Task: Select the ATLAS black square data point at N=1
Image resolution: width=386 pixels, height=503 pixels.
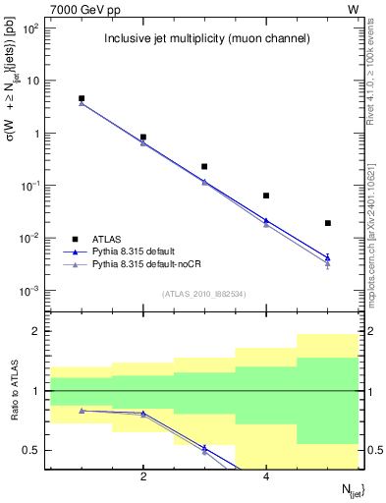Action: click(x=82, y=98)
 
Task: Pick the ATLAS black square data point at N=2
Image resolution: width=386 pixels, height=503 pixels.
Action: click(x=143, y=138)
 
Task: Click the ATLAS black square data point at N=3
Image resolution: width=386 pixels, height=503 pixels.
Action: click(x=204, y=167)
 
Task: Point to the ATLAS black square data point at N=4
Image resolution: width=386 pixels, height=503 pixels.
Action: click(x=266, y=196)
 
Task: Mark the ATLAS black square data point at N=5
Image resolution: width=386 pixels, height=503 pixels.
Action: click(x=328, y=223)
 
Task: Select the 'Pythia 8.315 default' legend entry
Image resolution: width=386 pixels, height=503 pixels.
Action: click(x=138, y=251)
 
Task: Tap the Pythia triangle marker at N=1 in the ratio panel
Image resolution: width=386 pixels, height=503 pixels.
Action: click(x=82, y=411)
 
